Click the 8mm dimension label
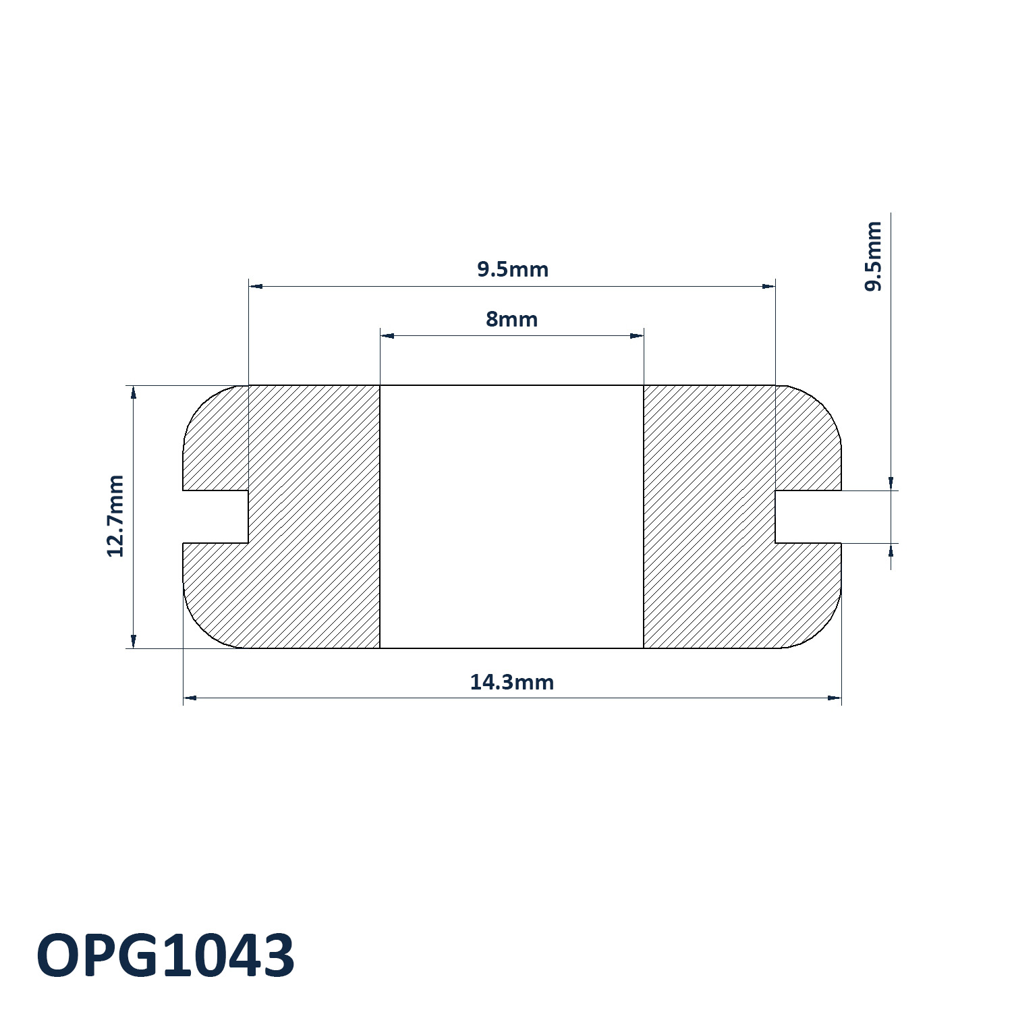511,319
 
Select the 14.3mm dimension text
511,682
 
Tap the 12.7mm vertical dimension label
116,516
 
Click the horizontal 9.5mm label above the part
512,269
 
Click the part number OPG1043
165,955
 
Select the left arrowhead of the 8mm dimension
387,335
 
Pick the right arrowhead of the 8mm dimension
636,335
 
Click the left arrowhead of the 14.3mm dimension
190,698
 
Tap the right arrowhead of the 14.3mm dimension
835,698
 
